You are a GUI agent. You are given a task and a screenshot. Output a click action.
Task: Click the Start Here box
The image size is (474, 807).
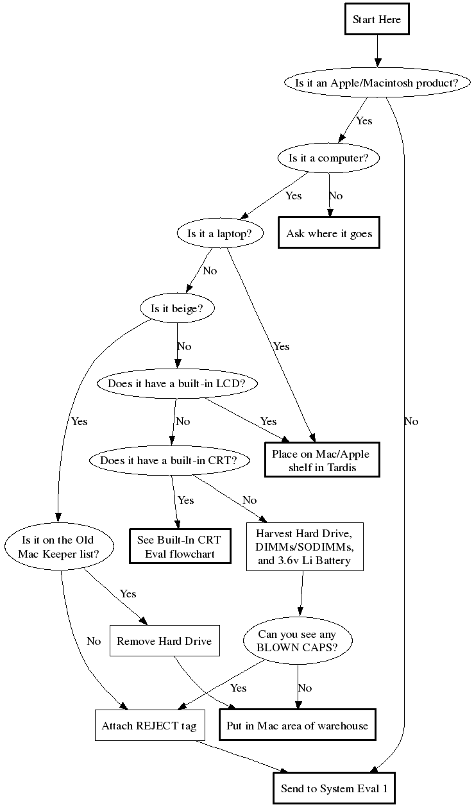pos(377,19)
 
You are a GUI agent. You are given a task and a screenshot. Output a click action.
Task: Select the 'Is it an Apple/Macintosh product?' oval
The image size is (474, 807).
pos(377,83)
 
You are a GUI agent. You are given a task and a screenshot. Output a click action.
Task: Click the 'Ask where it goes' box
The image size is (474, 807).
pos(329,233)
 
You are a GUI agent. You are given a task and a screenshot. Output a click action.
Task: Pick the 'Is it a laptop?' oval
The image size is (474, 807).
pos(221,233)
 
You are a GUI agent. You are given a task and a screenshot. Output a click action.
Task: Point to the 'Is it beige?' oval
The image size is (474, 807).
pos(177,308)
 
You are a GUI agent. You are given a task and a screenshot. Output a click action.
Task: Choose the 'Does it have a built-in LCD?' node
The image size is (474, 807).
pos(177,384)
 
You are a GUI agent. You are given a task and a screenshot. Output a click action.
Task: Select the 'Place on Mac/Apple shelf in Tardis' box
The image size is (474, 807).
pos(322,460)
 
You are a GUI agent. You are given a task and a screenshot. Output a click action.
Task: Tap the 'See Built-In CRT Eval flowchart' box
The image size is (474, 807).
pos(180,546)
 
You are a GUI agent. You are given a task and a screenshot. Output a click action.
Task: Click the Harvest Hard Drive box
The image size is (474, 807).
pos(305,547)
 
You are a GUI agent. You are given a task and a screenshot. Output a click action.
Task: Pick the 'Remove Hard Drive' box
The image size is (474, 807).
pos(164,640)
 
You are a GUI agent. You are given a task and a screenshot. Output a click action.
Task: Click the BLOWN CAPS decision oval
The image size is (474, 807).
pos(297,640)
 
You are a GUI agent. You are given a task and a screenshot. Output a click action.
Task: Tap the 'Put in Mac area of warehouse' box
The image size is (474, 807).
pos(297,726)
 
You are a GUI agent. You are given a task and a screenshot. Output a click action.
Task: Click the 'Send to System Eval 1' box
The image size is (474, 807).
pos(334,789)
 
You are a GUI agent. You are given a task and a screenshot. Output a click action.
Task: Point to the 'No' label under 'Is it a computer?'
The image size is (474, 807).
pos(335,196)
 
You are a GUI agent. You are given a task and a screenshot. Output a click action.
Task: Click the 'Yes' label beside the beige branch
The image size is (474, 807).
pos(79,421)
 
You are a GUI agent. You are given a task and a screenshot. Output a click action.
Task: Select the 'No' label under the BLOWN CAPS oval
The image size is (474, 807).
pos(305,688)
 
